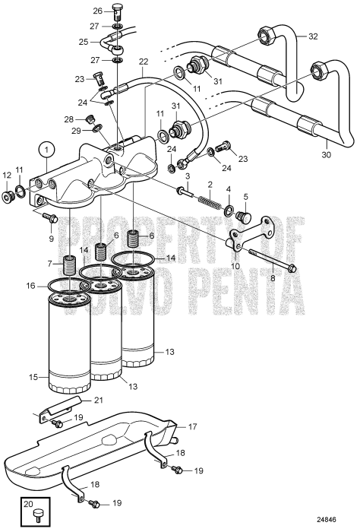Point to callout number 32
(x=314, y=36)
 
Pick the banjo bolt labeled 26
(x=116, y=12)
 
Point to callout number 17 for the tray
(x=192, y=426)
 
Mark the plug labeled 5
(x=244, y=218)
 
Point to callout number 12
(x=8, y=196)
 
